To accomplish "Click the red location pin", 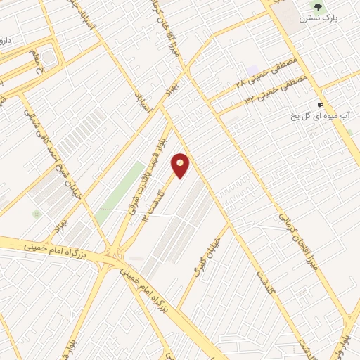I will [x=181, y=165].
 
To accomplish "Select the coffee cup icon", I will [x=321, y=105].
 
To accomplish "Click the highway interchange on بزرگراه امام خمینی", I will [x=112, y=253].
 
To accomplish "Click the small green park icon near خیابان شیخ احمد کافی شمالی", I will [x=36, y=212].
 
